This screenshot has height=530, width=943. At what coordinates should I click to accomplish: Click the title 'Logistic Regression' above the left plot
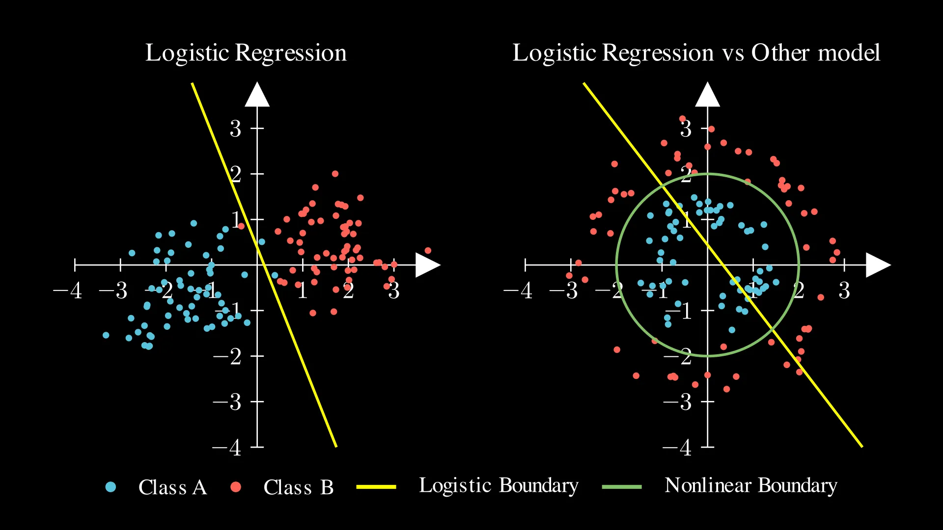click(246, 53)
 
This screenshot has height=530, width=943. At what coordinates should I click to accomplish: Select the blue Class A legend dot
click(111, 487)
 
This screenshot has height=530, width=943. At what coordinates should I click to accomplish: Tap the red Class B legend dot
click(236, 487)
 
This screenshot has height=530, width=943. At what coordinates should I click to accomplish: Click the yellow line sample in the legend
click(376, 487)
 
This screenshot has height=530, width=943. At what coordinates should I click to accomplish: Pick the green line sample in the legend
click(622, 487)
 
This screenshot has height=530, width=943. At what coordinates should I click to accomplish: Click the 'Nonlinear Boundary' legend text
click(750, 486)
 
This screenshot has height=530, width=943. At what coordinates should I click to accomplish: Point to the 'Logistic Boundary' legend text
click(499, 486)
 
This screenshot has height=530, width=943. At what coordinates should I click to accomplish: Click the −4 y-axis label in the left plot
click(227, 448)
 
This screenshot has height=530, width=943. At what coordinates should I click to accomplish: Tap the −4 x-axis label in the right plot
click(518, 291)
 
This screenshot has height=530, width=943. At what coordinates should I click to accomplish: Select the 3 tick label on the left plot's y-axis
click(236, 129)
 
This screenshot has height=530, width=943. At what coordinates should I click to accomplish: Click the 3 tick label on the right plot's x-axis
click(844, 291)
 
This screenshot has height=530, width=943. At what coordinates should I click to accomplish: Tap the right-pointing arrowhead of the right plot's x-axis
click(878, 265)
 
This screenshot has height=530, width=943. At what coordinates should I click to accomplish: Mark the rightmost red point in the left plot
click(428, 251)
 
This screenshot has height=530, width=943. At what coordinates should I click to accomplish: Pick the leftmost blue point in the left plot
click(106, 335)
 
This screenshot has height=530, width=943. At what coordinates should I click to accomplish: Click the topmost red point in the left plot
click(335, 174)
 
